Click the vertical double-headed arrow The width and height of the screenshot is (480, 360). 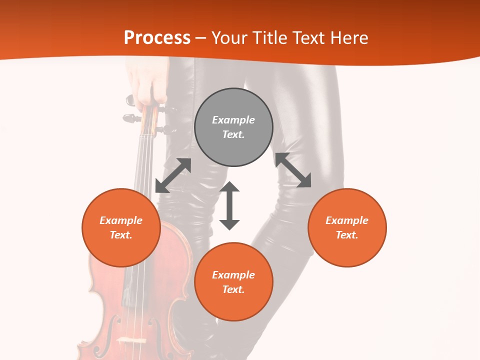229,205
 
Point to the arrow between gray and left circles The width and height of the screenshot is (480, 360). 173,175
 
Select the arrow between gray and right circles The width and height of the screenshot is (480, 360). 293,170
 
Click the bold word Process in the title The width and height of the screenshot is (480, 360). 157,38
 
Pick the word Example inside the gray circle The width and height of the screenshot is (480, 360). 233,120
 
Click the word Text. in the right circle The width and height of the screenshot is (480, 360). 347,235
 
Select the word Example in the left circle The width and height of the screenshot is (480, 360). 121,220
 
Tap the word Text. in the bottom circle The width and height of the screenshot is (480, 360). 233,289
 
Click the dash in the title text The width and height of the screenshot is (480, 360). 201,38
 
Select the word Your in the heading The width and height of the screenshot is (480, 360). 228,38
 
